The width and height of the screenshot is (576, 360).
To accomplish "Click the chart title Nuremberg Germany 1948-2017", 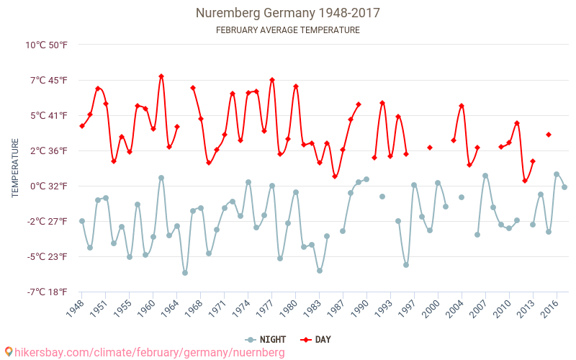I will point(288,13).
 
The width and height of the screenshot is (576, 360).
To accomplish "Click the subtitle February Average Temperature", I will point(288,30).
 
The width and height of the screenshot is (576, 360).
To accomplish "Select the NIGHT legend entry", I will point(268,339).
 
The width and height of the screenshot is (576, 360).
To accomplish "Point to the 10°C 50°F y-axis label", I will point(47,45).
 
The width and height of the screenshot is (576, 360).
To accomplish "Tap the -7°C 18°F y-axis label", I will point(47,292).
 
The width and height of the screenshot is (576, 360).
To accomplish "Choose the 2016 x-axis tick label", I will point(551,308).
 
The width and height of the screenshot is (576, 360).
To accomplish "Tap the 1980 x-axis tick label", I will point(289,308).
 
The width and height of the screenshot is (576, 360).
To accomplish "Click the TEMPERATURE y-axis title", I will point(15,168).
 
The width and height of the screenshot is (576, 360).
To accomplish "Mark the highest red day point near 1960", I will point(161,76).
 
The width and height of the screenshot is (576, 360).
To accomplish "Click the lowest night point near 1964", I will point(185,273).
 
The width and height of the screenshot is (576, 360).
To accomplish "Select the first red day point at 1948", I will point(82,126).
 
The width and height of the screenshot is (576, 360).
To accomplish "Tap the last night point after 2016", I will point(564,187).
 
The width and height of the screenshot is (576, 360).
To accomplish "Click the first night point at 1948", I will point(82,221).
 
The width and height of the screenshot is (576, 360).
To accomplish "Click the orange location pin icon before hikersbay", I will point(9,351).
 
